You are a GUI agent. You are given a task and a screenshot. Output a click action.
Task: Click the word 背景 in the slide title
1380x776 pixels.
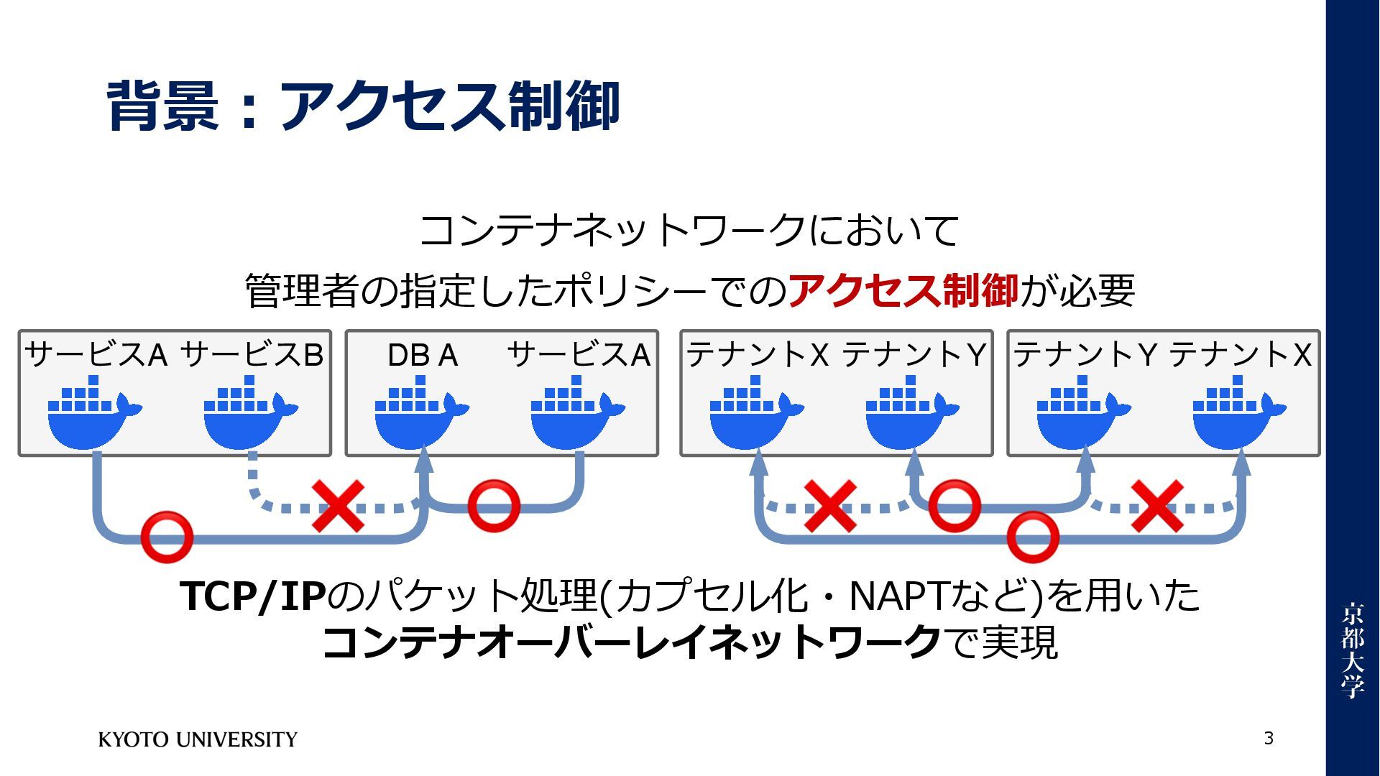coord(162,106)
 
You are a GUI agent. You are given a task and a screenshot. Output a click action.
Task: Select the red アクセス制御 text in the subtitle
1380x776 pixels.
coord(903,291)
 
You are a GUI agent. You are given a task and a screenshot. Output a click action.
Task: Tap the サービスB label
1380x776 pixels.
coord(252,354)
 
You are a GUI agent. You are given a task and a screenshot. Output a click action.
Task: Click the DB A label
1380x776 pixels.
coord(423,355)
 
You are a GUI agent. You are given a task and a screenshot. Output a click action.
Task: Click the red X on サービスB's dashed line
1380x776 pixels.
coord(338,507)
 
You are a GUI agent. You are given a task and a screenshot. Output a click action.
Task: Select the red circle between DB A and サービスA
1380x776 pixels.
coord(494,505)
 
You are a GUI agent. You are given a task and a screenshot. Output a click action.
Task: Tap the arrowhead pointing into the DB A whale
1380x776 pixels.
coord(424,460)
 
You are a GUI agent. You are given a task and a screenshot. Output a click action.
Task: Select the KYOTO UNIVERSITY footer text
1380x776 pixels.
coord(198,739)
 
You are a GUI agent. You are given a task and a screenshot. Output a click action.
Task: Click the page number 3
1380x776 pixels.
coord(1269,738)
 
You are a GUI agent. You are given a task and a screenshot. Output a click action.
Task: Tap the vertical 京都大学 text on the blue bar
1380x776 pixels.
coord(1352,650)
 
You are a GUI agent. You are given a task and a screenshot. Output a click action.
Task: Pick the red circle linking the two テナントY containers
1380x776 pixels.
coord(954,505)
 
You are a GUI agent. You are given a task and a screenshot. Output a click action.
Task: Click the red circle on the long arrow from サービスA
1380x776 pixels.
coord(167,536)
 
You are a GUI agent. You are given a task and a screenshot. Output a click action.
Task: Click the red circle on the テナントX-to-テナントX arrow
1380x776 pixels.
coord(1033,536)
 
